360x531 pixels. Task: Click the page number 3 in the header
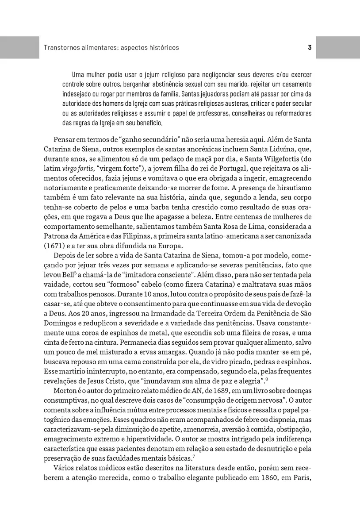[x=310, y=47]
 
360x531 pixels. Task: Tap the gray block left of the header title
[x=19, y=47]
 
